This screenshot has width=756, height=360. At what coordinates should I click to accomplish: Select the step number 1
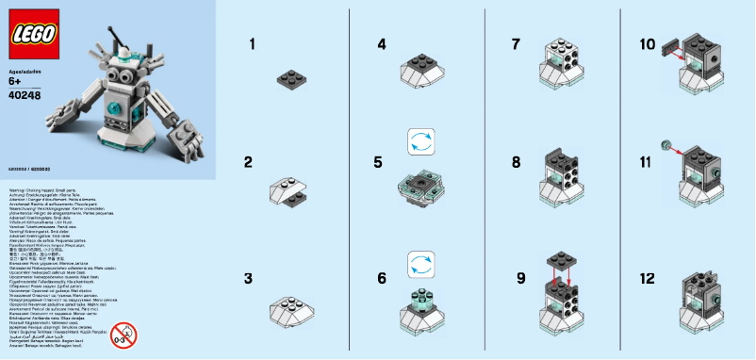(x=252, y=44)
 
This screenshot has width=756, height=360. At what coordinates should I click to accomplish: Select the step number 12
(x=646, y=279)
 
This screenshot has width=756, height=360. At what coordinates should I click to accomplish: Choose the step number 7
(x=516, y=44)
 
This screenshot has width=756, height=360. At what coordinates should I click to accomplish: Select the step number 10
(x=646, y=44)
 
